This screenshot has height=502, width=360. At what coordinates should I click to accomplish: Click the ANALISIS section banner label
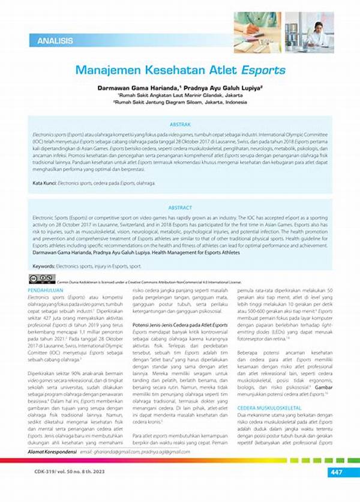pos(55,41)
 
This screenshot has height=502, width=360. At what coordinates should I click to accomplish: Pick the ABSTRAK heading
pos(180,125)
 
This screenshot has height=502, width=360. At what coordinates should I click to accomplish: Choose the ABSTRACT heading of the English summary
pos(180,208)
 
